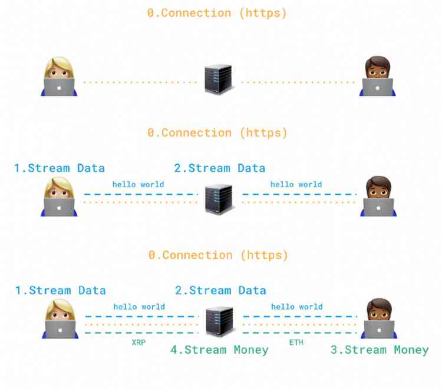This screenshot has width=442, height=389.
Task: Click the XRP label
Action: (138, 343)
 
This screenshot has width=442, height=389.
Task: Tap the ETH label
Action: (296, 343)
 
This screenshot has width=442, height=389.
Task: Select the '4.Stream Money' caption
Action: (219, 350)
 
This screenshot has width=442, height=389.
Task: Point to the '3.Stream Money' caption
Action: (380, 350)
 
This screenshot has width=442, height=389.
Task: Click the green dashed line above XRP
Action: (142, 333)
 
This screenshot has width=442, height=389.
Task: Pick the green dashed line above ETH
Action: (300, 333)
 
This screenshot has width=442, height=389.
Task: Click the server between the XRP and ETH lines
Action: (220, 321)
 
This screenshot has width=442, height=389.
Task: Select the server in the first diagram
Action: (219, 79)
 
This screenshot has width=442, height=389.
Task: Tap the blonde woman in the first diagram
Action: (59, 77)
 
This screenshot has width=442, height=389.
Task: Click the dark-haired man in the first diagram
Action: (377, 76)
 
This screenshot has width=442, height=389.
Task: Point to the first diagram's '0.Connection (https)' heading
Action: (217, 13)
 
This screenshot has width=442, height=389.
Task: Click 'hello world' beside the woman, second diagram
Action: (138, 184)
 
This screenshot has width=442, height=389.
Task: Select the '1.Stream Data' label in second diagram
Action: (60, 168)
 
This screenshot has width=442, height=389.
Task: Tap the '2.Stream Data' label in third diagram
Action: (220, 291)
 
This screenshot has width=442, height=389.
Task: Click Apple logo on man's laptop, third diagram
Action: (379, 330)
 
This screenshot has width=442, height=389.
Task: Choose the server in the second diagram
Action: (219, 199)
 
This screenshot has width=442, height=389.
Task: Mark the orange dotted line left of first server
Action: (140, 82)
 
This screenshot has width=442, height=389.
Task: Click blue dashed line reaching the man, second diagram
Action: (299, 194)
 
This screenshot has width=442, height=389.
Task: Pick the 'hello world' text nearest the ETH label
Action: (297, 307)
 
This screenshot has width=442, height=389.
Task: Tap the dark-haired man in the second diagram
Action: (378, 196)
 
